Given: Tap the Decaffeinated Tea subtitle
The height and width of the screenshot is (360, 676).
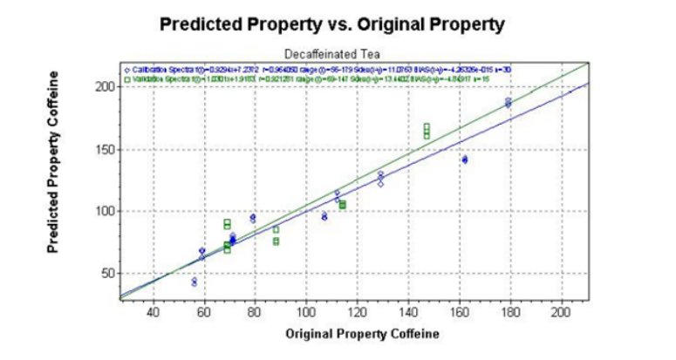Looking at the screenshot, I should (x=332, y=53).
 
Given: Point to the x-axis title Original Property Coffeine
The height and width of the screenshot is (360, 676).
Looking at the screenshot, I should (x=332, y=333).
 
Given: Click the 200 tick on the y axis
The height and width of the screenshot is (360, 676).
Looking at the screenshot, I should (x=105, y=86).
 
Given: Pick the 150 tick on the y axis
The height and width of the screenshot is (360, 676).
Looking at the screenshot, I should (x=105, y=149).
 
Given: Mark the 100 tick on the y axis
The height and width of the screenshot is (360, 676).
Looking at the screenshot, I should (x=105, y=211).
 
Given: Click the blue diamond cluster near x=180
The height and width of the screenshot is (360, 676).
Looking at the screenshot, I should (x=509, y=103).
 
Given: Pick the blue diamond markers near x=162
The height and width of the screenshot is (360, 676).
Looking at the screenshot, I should (x=465, y=160).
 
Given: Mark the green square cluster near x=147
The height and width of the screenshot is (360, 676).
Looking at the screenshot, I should (x=427, y=131).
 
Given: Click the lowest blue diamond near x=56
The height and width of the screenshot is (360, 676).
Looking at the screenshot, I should (x=194, y=283).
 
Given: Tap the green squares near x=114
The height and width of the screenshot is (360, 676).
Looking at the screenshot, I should (x=343, y=205).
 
